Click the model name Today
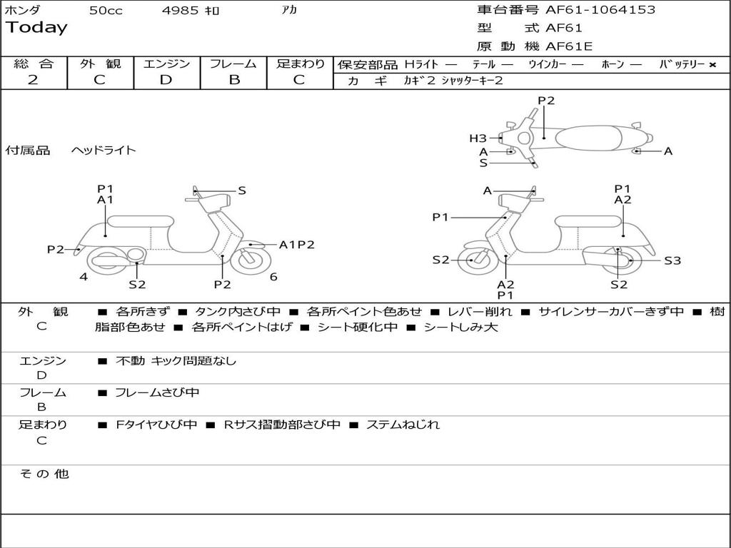36,28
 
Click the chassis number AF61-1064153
600,10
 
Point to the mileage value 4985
180,10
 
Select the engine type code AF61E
569,46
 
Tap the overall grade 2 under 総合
33,80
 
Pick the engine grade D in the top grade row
166,80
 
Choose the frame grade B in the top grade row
234,80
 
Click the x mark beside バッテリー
712,65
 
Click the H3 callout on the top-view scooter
478,138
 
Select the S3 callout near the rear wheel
672,260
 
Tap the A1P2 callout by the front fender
296,245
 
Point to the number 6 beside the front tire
273,277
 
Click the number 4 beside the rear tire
84,277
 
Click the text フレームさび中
157,393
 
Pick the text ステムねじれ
403,425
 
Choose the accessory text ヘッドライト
104,150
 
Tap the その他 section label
44,474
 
